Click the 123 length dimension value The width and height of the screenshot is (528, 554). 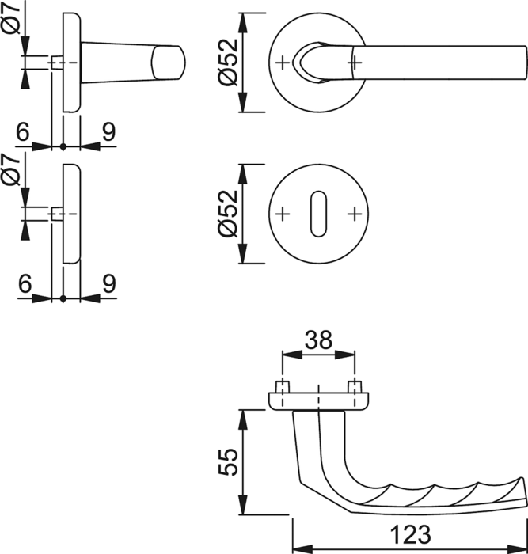(411, 534)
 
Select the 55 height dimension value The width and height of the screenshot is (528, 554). (228, 461)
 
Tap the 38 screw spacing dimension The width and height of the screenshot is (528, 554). (318, 340)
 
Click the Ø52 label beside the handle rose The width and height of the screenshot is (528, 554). (228, 63)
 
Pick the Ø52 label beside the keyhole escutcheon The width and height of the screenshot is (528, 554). (228, 214)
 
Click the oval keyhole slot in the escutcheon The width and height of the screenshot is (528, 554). (318, 214)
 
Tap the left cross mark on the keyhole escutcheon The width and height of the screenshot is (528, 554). (283, 214)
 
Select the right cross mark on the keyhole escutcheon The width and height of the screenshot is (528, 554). (355, 214)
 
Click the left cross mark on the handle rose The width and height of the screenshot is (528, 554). (283, 63)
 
